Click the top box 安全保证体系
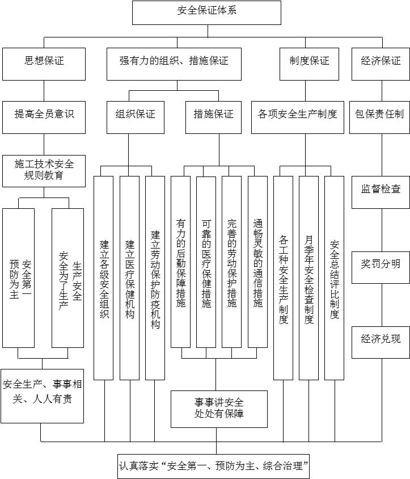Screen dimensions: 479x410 tap(206, 12)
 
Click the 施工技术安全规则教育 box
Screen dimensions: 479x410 tap(44, 170)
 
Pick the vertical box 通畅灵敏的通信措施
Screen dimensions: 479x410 tap(257, 261)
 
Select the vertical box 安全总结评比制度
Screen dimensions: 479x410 tap(334, 278)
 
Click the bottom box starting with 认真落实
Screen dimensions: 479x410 tap(214, 467)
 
